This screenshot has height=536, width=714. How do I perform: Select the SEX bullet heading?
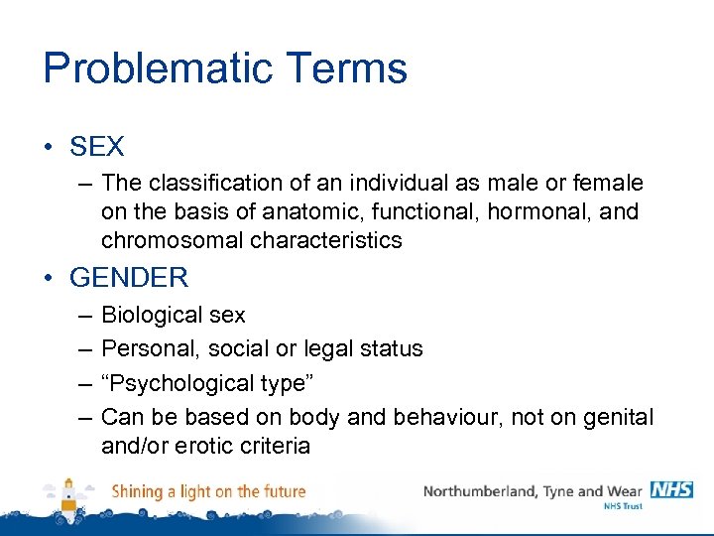pyautogui.click(x=97, y=148)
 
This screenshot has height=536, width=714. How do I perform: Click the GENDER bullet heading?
pyautogui.click(x=129, y=278)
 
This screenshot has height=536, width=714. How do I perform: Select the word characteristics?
pyautogui.click(x=326, y=240)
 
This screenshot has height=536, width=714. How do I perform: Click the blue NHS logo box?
pyautogui.click(x=671, y=490)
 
